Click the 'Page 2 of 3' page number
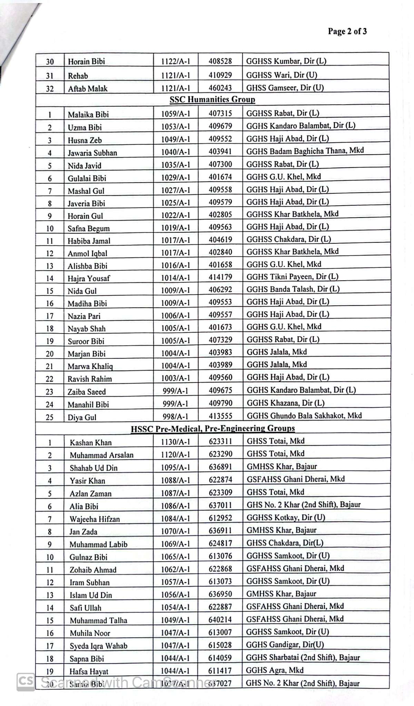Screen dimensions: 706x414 [347, 31]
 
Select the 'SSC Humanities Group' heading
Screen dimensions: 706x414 [212, 99]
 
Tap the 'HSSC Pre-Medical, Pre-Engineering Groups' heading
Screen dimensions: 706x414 [213, 428]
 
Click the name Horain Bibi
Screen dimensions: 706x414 [86, 62]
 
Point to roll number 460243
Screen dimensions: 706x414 [220, 88]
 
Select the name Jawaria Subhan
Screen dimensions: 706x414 [92, 153]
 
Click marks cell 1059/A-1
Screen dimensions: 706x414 [176, 113]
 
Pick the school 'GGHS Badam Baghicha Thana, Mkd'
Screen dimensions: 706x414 [305, 151]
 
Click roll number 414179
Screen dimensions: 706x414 [220, 277]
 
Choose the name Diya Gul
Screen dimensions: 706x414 [82, 417]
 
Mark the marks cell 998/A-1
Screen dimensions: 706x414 [176, 416]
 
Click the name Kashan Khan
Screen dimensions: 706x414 [90, 443]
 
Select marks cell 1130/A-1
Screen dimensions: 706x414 [176, 442]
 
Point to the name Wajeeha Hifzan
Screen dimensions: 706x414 [95, 519]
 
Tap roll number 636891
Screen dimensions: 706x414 [220, 467]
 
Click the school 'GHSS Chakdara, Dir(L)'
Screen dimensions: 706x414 [285, 543]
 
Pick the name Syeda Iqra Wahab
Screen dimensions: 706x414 [98, 646]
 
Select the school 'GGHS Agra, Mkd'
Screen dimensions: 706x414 [275, 670]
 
